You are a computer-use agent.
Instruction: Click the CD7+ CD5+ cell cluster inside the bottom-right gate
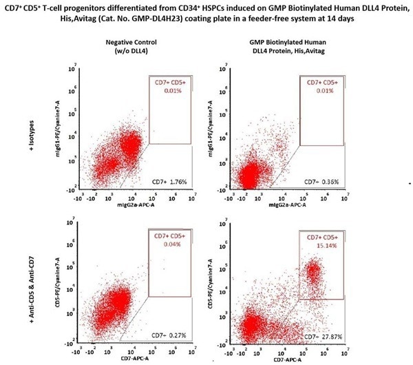click(313, 272)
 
